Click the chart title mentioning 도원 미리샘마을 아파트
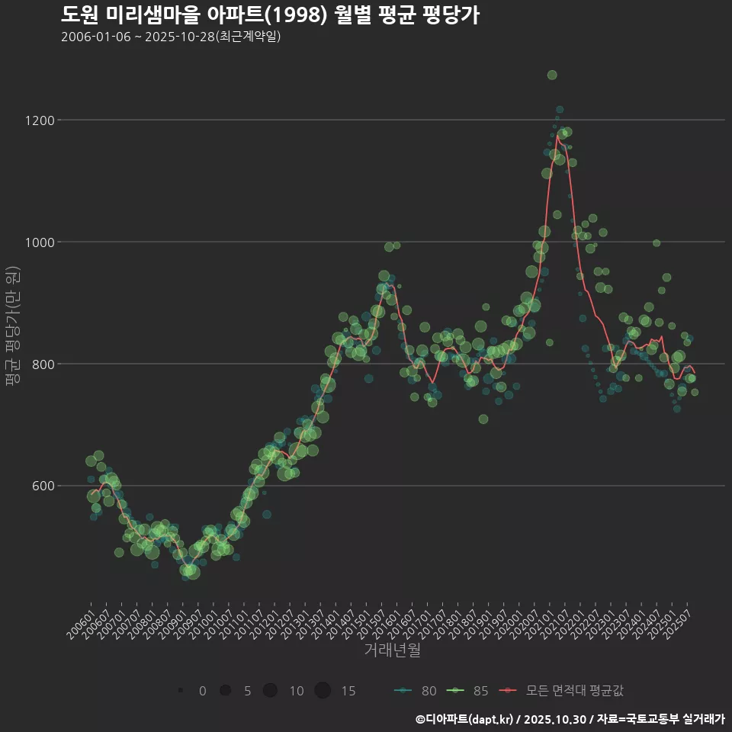pos(270,14)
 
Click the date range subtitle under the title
pos(172,37)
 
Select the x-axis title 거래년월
pos(392,650)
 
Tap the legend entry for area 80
pos(416,691)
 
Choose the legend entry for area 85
pos(467,691)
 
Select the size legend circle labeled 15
pos(323,691)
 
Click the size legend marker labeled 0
pos(181,691)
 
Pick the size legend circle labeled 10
pos(270,691)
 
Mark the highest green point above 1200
pos(552,75)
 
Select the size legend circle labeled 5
pos(225,691)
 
